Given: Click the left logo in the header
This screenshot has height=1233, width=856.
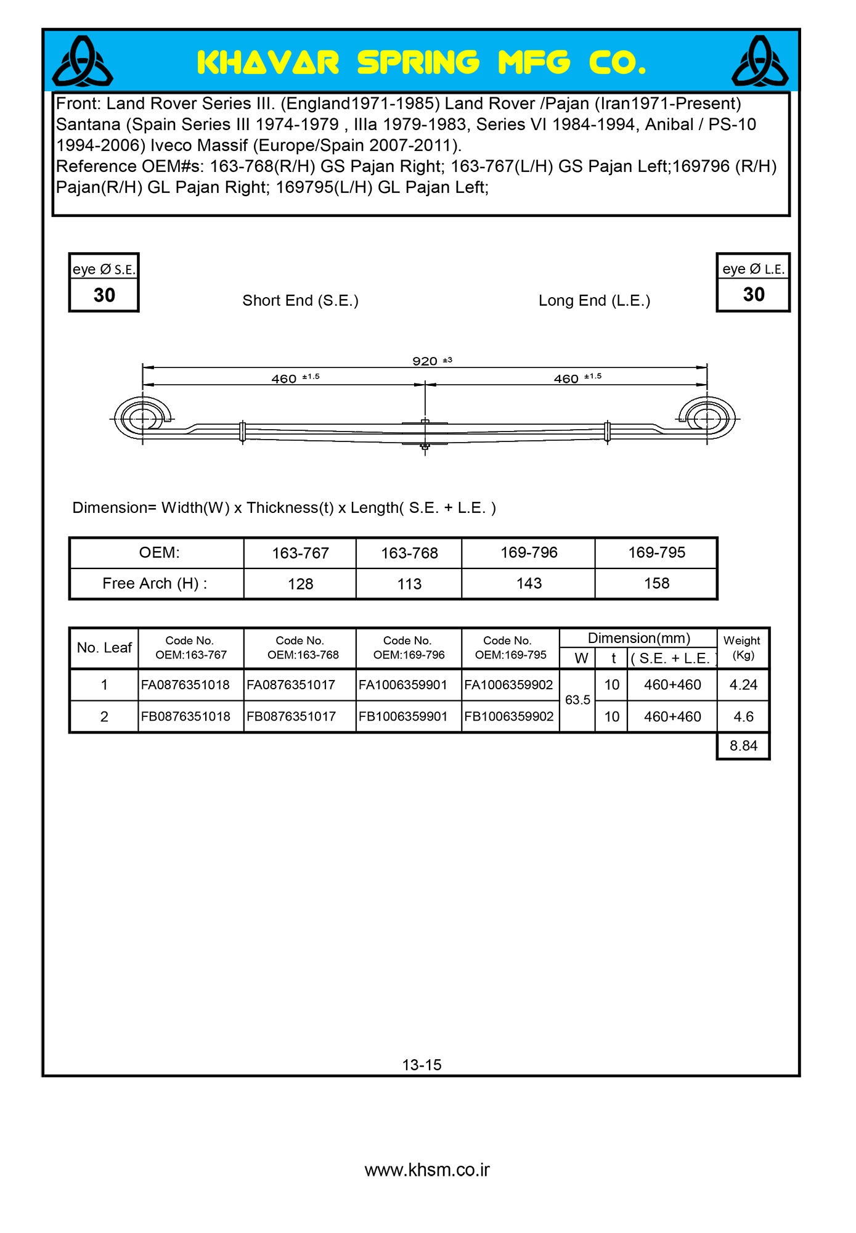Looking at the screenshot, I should (83, 62).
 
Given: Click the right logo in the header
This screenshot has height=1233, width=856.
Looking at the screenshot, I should (759, 62).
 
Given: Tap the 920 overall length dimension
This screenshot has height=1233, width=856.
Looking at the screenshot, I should (425, 361).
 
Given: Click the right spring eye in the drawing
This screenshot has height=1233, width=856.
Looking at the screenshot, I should (707, 419).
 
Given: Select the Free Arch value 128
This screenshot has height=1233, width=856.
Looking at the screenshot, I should (301, 584).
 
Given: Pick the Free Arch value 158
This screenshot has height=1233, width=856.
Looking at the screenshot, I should (656, 583).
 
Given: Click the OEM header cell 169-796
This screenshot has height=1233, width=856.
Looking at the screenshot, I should (529, 552).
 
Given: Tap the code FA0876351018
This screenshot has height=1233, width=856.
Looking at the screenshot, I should (185, 685).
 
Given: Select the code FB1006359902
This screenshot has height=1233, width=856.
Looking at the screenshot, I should (509, 716).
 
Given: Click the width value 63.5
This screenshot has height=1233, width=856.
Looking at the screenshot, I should (577, 700).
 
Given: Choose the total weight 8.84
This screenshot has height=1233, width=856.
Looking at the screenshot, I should (743, 746).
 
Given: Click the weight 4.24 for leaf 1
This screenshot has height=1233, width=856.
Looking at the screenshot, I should (743, 685).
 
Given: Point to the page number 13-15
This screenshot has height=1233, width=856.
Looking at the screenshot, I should (422, 1065).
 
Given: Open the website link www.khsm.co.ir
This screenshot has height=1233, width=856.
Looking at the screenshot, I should (427, 1170).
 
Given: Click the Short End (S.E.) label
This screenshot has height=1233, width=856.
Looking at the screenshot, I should (300, 301).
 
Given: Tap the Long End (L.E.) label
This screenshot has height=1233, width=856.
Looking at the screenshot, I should (594, 301).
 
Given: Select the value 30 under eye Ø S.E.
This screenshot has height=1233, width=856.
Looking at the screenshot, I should (104, 295).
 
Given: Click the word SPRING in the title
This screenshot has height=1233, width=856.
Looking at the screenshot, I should (418, 63).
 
